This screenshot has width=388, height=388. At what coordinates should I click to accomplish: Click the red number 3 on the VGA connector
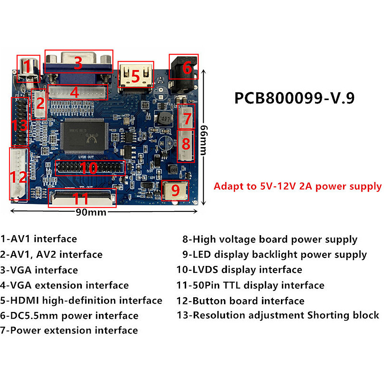click(x=78, y=62)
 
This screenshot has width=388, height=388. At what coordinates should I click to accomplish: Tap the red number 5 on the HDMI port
click(x=135, y=76)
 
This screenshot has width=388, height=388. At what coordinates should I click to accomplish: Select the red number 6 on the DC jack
click(x=187, y=68)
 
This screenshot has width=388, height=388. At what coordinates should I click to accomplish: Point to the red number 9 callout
click(x=175, y=191)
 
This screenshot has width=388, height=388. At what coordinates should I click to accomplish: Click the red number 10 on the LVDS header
click(x=90, y=168)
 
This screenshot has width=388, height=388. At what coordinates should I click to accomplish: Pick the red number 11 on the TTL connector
click(x=81, y=199)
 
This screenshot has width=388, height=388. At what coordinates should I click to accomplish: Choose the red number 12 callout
click(x=18, y=177)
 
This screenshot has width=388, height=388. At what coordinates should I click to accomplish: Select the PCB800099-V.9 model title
click(x=294, y=98)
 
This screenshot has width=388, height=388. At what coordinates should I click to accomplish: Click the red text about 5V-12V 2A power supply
click(x=298, y=186)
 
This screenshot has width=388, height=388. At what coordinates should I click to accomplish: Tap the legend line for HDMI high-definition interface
click(x=81, y=300)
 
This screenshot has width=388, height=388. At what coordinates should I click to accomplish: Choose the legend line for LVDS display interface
click(x=239, y=270)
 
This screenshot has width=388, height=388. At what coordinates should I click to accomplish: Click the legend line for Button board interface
click(x=241, y=301)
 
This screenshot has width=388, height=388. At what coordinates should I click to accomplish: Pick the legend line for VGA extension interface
click(x=64, y=285)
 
